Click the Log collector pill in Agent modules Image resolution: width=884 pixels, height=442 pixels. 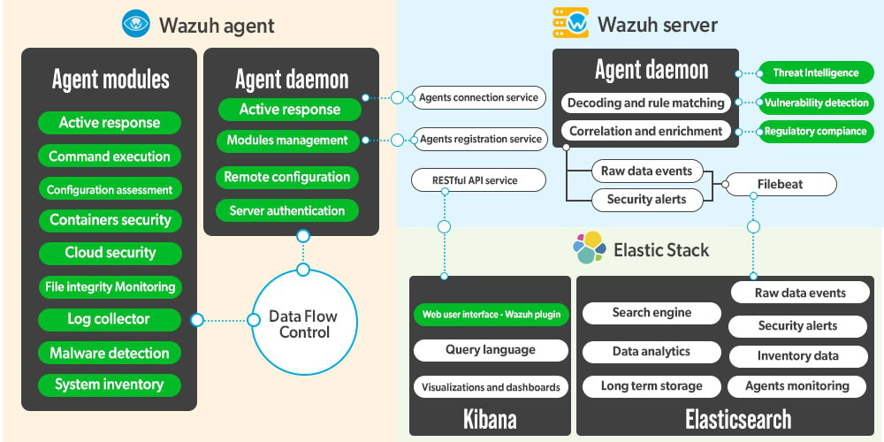[110, 319]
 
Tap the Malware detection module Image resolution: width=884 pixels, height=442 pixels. [110, 353]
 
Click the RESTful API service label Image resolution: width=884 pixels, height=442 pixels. [476, 180]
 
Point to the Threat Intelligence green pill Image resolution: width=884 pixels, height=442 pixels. [817, 72]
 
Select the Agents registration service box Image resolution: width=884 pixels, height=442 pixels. [480, 139]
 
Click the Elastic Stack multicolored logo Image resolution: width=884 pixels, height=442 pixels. [590, 248]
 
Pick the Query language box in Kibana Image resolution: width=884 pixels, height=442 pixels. [491, 350]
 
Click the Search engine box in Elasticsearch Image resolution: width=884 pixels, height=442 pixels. [652, 313]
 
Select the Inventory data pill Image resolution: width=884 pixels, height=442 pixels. [797, 356]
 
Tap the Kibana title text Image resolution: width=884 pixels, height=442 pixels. [490, 417]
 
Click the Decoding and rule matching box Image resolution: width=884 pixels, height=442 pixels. [645, 103]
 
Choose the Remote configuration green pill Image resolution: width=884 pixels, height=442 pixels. [287, 177]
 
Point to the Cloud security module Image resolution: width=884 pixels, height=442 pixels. [110, 253]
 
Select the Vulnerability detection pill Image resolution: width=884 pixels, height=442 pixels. [817, 103]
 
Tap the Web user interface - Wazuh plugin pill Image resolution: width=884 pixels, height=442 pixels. [491, 314]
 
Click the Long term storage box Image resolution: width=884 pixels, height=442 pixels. [652, 386]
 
